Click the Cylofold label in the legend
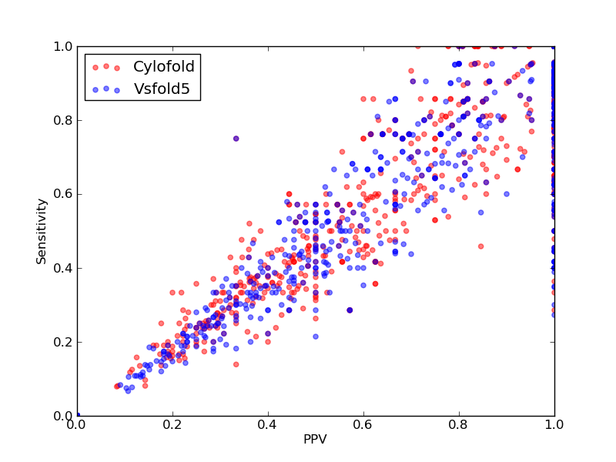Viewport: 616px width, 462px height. point(164,66)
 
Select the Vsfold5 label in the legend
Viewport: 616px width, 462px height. point(162,89)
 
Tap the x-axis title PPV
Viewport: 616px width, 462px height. point(315,439)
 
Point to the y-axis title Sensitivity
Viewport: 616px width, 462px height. point(42,232)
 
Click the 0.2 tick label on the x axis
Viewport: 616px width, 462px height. point(172,425)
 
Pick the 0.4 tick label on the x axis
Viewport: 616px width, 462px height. point(268,425)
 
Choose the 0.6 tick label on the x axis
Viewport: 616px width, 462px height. point(363,425)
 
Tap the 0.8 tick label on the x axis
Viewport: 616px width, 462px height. point(459,425)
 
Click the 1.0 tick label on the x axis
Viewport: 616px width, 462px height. point(554,425)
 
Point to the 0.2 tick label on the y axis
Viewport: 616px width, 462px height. point(63,342)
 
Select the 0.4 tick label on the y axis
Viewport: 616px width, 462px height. point(63,268)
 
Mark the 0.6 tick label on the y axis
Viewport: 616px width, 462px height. point(63,195)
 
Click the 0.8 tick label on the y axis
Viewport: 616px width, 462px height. point(63,120)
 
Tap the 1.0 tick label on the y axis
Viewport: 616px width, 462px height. point(63,46)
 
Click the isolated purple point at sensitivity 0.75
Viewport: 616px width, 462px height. point(236,139)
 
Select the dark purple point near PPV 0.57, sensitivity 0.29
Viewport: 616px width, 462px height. point(350,310)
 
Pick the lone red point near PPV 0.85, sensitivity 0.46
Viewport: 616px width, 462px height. point(480,246)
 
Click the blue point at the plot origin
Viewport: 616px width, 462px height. point(78,415)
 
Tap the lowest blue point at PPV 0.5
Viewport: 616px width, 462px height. point(316,336)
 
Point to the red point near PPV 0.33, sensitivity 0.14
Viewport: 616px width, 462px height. point(236,364)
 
